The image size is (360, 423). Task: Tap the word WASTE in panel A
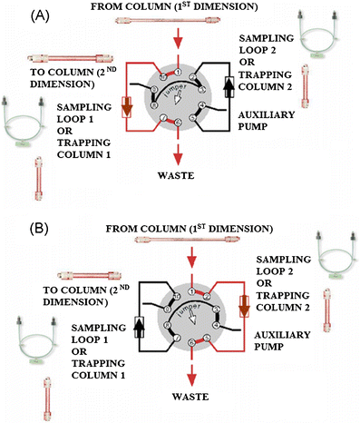[x=182, y=179]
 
